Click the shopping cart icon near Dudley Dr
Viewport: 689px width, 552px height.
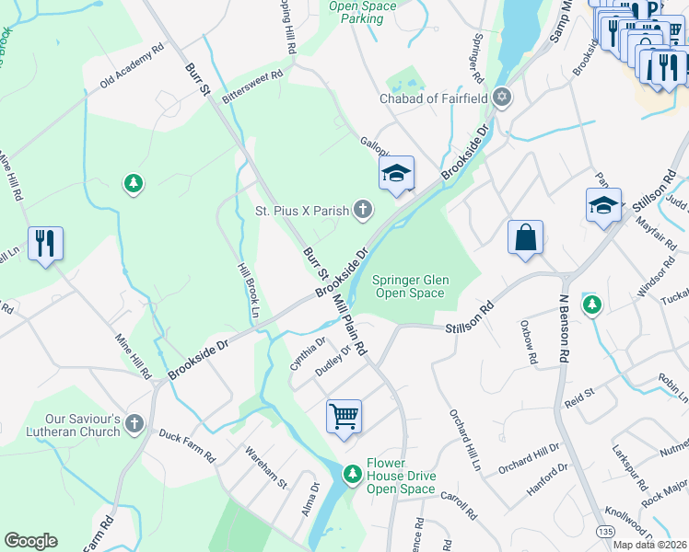coord(344,416)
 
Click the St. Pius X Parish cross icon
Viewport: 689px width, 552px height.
coord(363,211)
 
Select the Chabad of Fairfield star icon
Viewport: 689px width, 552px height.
coord(501,97)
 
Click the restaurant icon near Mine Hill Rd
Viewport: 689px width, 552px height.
coord(45,244)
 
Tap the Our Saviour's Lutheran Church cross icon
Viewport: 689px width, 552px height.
coord(134,423)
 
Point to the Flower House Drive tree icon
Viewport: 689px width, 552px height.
coord(351,473)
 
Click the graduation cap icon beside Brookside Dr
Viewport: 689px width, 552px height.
coord(396,173)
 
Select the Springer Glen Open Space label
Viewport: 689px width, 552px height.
coord(408,287)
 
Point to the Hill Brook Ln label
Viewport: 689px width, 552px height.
coord(246,288)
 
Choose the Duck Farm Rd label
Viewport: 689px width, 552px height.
coord(186,444)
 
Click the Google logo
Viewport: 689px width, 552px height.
coord(30,541)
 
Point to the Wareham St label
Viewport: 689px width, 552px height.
coord(265,467)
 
